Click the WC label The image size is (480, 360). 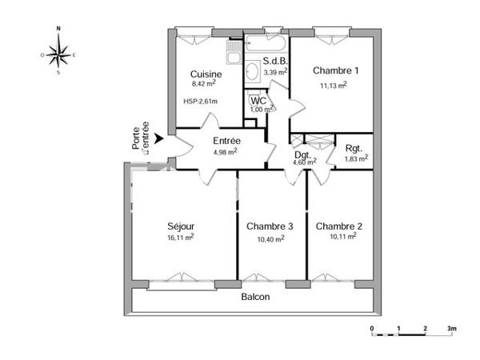tap(258, 101)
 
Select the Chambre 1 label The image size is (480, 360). tap(335, 70)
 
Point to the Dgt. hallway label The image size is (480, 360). tap(302, 154)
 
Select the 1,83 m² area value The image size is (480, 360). tap(356, 158)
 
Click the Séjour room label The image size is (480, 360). tap(181, 226)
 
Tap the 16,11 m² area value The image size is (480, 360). tap(181, 237)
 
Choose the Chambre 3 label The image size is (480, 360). tap(270, 226)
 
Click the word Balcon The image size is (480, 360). tap(255, 297)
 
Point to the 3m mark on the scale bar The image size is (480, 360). tap(452, 329)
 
